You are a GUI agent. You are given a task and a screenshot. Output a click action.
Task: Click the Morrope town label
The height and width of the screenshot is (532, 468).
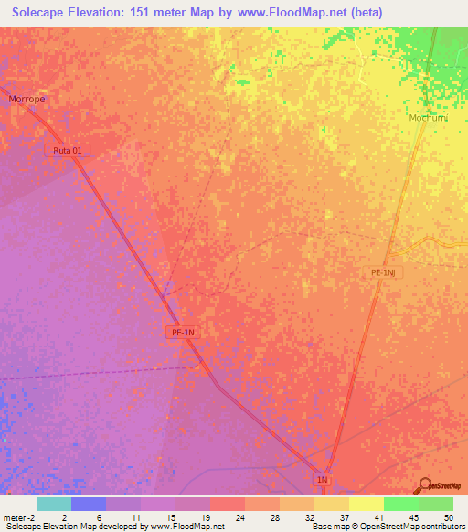coord(27,99)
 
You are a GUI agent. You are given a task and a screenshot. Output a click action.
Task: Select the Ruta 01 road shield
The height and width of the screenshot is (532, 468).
coord(68,149)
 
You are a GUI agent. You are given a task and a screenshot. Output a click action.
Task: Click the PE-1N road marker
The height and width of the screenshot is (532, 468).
coord(183,333)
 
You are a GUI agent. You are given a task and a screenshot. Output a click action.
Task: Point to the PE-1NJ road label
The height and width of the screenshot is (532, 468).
coord(387,272)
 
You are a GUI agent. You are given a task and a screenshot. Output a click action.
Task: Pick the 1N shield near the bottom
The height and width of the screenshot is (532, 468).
coord(322,479)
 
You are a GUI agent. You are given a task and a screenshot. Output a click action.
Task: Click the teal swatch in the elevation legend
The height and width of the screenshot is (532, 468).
coord(54,504)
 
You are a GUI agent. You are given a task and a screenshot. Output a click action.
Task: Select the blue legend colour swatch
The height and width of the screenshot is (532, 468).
coord(89,504)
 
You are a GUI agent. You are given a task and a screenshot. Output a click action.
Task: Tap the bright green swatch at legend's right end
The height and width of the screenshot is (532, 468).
coord(436,504)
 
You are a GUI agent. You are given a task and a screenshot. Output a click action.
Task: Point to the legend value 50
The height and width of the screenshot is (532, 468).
coord(448,517)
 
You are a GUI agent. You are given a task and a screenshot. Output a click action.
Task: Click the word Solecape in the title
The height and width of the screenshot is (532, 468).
coord(42,12)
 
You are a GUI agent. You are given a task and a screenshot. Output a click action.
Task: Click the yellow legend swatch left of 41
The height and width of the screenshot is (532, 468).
coord(332,504)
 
